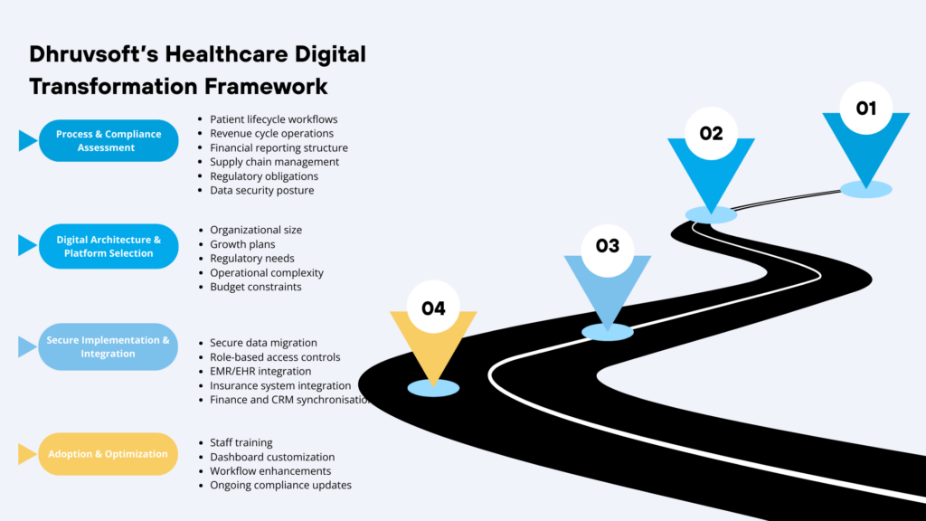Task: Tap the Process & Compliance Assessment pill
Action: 109,141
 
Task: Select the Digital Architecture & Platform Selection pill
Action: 109,246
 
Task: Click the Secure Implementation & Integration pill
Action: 109,346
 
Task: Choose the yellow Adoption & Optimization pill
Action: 109,454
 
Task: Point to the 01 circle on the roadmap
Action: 866,109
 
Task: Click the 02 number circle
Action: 711,134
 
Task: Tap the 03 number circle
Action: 607,246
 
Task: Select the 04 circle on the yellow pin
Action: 433,308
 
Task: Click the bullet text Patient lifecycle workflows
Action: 274,119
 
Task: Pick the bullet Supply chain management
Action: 274,162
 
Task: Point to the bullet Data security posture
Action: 262,191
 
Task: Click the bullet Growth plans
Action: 242,244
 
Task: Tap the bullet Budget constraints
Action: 256,287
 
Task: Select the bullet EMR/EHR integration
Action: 260,371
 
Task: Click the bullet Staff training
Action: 241,442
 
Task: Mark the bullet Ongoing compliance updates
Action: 280,485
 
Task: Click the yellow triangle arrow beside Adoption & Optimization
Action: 27,454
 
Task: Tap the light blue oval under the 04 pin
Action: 433,388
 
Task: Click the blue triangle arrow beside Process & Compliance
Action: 27,141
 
